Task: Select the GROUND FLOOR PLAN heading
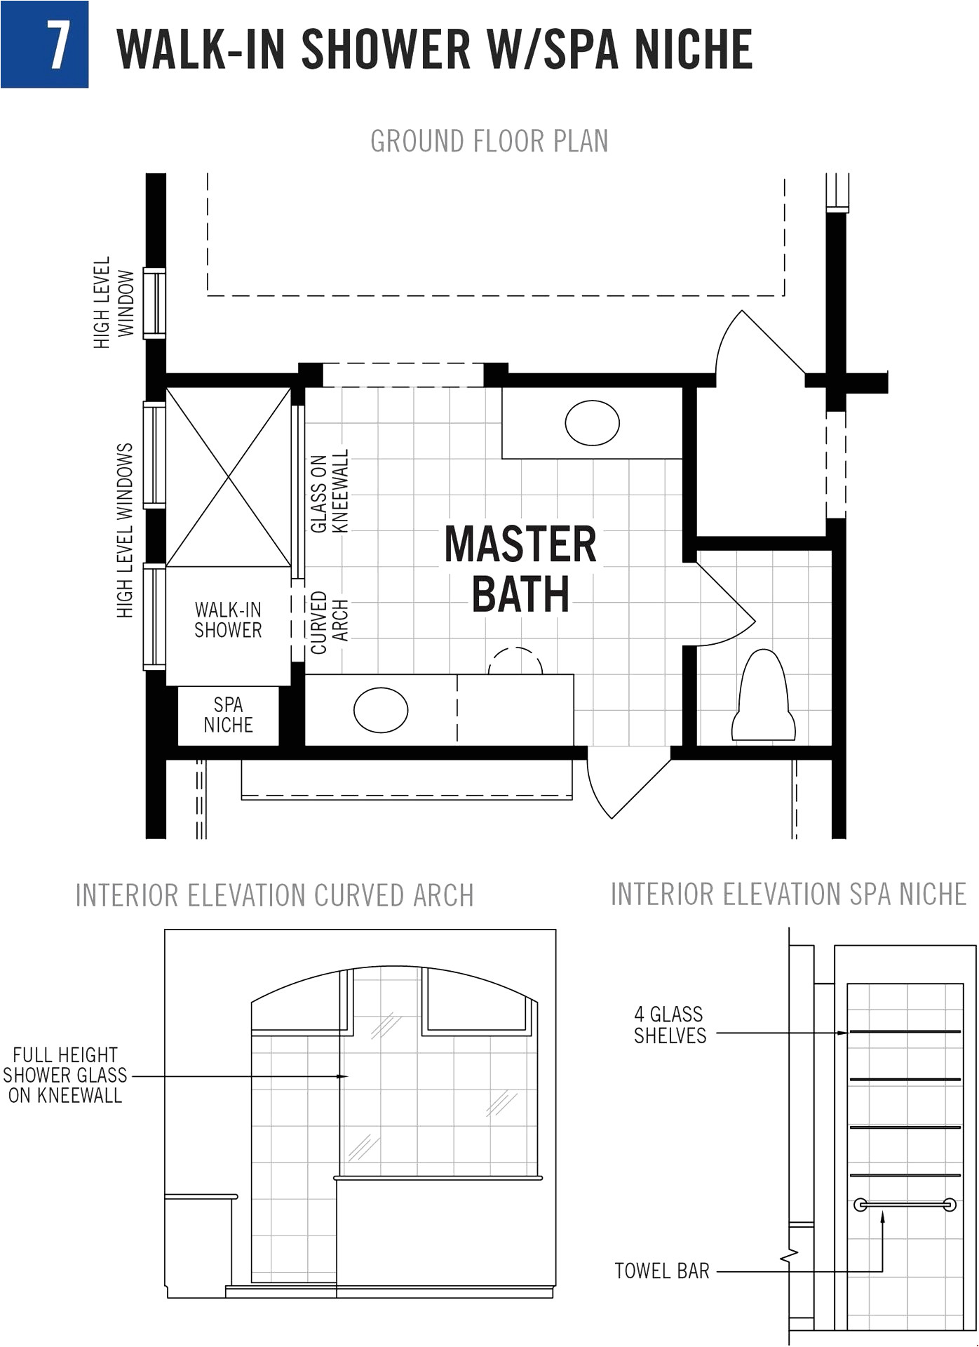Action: (x=489, y=141)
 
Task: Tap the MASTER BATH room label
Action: (x=520, y=569)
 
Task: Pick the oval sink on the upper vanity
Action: (x=592, y=423)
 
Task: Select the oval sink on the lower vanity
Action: (x=381, y=710)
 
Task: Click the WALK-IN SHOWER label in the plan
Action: (x=228, y=620)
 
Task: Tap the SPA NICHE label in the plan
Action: (x=228, y=715)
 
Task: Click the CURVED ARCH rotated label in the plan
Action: (x=329, y=622)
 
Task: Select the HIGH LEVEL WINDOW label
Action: (x=113, y=302)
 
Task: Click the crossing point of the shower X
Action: (x=229, y=478)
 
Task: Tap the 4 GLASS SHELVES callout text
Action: (x=669, y=1025)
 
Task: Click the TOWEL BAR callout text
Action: (x=661, y=1271)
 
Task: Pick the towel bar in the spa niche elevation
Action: (x=905, y=1205)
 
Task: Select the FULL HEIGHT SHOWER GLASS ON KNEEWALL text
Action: (x=65, y=1075)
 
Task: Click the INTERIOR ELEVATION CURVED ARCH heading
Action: (x=274, y=896)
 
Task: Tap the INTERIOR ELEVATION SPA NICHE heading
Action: (x=788, y=894)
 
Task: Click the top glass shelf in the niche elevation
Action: (x=905, y=1031)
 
